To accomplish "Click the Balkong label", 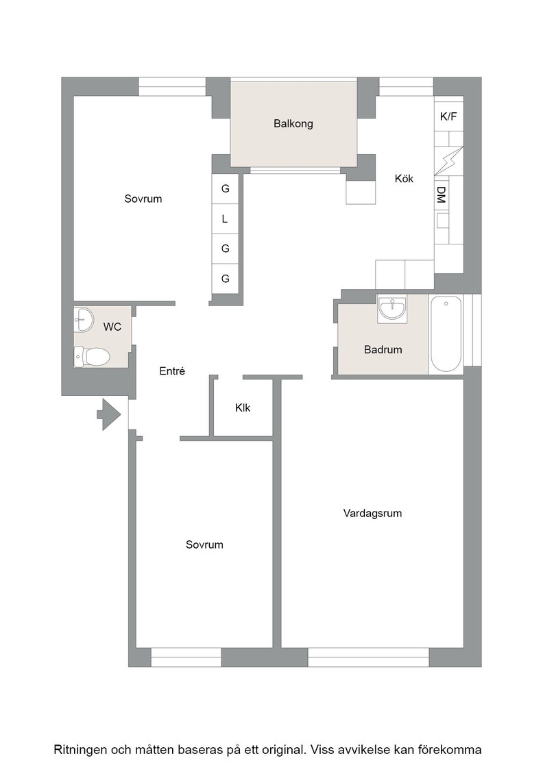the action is (x=293, y=124).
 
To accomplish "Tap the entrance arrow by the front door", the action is (x=109, y=415).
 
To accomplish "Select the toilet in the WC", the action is (x=92, y=357).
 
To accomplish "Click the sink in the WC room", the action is (x=83, y=319).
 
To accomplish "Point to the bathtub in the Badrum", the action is (x=446, y=334).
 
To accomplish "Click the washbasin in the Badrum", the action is (x=392, y=308).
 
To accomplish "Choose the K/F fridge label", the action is (x=448, y=116).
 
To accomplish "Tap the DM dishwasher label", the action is (x=441, y=194).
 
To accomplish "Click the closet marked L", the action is (x=226, y=218).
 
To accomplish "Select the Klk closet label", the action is (x=243, y=407).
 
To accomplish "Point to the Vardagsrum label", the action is (x=372, y=513).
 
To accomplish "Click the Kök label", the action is (x=404, y=179).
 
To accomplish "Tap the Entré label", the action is (x=172, y=371).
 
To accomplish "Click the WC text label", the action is (x=112, y=327).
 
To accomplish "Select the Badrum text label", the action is (x=383, y=350).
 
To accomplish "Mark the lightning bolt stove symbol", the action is (x=448, y=160).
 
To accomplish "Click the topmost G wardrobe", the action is (x=226, y=189).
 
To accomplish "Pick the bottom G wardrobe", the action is (x=226, y=279).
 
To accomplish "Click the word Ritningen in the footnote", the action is (x=80, y=750).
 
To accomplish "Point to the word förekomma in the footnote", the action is (x=450, y=750).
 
